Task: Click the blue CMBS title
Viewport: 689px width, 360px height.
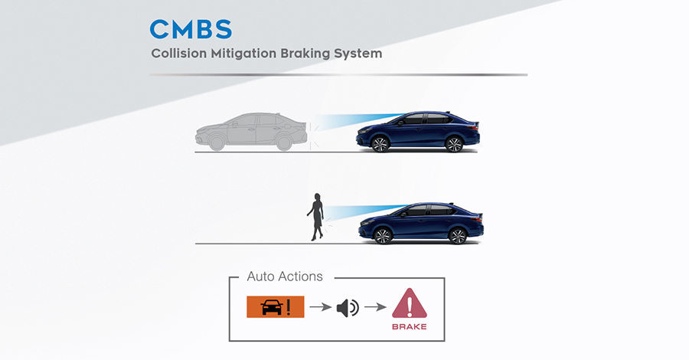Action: pyautogui.click(x=190, y=29)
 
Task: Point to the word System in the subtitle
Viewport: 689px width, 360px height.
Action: pyautogui.click(x=360, y=54)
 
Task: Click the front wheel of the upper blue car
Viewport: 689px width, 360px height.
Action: pyautogui.click(x=379, y=144)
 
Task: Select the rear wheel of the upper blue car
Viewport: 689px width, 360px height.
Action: pyautogui.click(x=454, y=144)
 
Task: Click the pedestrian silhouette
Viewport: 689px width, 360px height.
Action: pyautogui.click(x=315, y=216)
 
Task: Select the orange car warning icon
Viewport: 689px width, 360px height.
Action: pyautogui.click(x=276, y=307)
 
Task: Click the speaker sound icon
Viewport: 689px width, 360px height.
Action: pyautogui.click(x=348, y=308)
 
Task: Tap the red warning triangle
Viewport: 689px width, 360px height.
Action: pyautogui.click(x=409, y=304)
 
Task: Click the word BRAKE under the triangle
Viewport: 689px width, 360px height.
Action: pyautogui.click(x=409, y=327)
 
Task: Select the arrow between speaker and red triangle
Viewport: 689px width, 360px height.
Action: pyautogui.click(x=374, y=308)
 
